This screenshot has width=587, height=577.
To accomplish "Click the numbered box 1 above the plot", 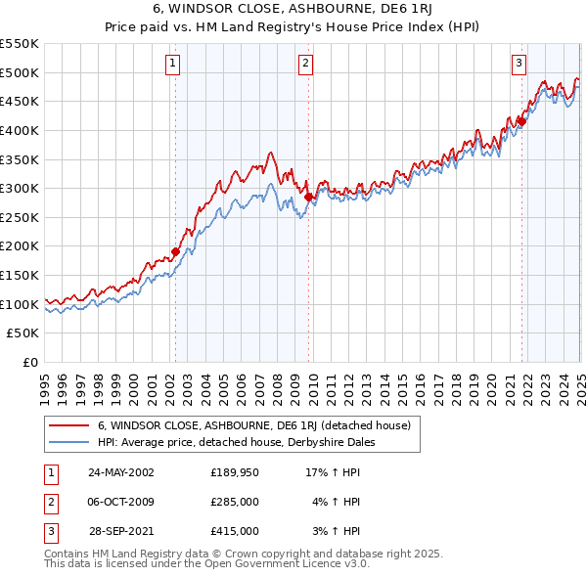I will point(172,65).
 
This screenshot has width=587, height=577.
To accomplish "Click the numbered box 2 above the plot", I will point(306,65).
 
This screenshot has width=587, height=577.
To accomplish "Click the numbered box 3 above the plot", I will point(519,65).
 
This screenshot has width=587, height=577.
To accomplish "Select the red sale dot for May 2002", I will point(176,251).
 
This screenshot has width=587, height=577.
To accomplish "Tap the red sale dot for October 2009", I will point(308,197).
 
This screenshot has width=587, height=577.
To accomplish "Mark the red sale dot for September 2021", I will point(521,121).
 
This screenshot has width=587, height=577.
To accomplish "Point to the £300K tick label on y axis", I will point(20,188).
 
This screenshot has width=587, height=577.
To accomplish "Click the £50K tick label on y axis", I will point(23,333).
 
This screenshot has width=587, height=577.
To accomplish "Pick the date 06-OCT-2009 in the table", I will point(120,501).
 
